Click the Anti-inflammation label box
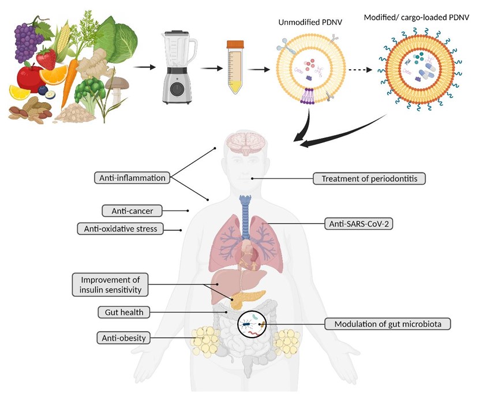(x=131, y=178)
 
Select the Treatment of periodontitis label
(x=369, y=179)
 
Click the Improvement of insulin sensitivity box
(x=110, y=284)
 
